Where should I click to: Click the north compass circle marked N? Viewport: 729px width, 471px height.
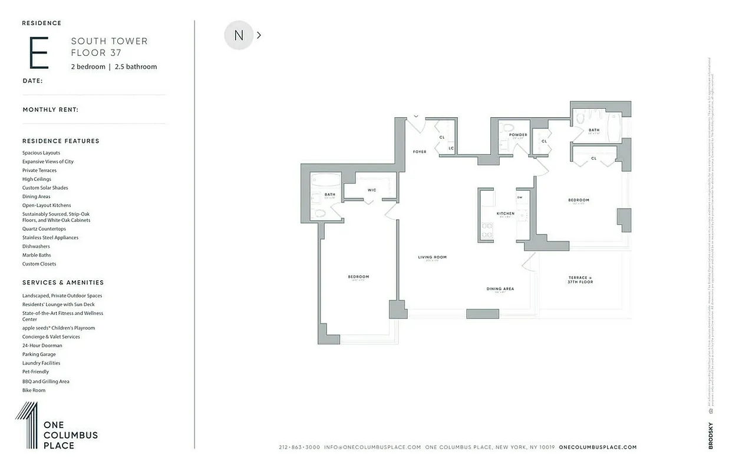pyautogui.click(x=239, y=35)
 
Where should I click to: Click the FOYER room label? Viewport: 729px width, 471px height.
pyautogui.click(x=420, y=152)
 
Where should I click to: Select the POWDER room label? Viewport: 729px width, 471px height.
pyautogui.click(x=518, y=135)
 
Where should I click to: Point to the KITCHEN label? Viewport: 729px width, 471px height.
pyautogui.click(x=505, y=214)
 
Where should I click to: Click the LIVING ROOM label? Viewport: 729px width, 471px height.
pyautogui.click(x=433, y=257)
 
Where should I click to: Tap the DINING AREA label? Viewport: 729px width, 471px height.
pyautogui.click(x=500, y=289)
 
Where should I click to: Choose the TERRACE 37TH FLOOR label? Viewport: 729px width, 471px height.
pyautogui.click(x=580, y=280)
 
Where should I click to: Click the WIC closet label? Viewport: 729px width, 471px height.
pyautogui.click(x=372, y=190)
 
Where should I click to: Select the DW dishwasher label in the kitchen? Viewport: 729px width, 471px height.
pyautogui.click(x=520, y=197)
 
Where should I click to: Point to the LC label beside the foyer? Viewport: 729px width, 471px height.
pyautogui.click(x=451, y=148)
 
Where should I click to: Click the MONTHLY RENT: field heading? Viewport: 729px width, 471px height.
pyautogui.click(x=51, y=110)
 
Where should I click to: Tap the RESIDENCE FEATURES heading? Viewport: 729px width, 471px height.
pyautogui.click(x=61, y=141)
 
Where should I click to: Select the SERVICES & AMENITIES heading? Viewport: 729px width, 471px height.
pyautogui.click(x=63, y=283)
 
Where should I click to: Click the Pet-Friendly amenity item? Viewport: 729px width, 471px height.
pyautogui.click(x=36, y=372)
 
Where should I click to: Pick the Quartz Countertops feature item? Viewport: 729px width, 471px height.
pyautogui.click(x=44, y=229)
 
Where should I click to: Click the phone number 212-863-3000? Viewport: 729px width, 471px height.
pyautogui.click(x=299, y=447)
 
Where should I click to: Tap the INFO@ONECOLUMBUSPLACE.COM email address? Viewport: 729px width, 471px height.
pyautogui.click(x=372, y=447)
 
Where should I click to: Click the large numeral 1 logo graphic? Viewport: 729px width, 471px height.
pyautogui.click(x=27, y=425)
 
